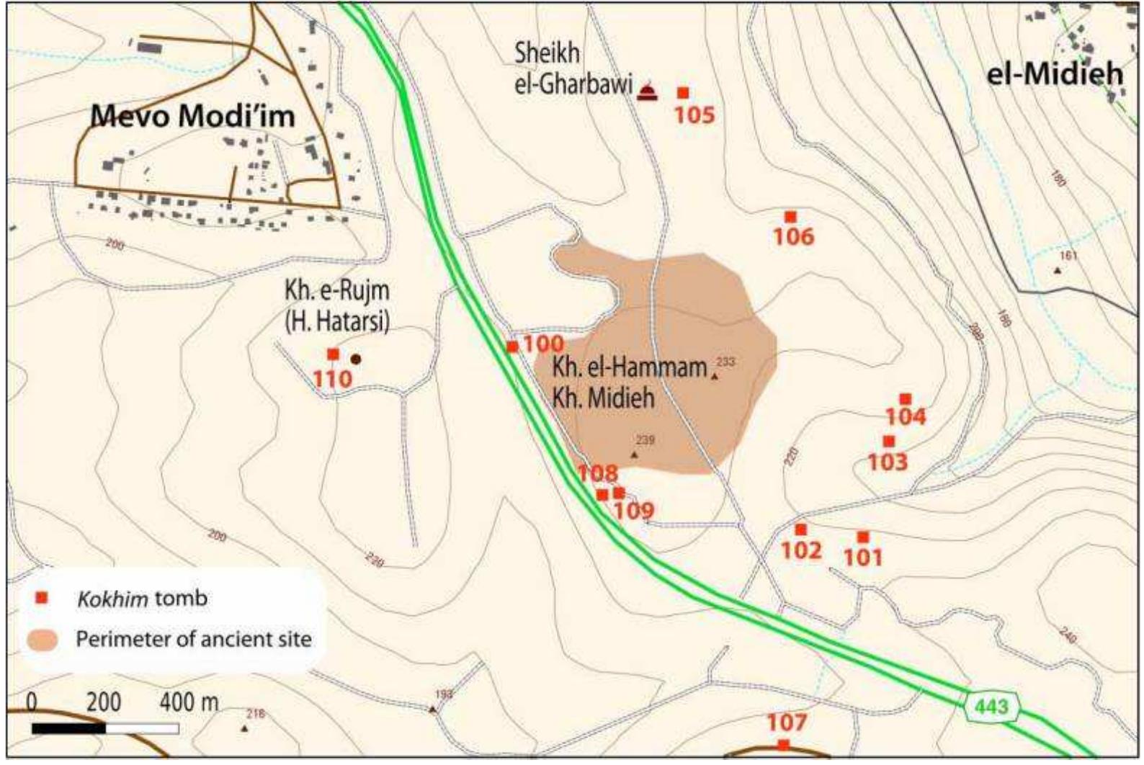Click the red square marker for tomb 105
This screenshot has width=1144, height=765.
coord(683,93)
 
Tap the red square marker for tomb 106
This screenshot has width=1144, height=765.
coord(790,217)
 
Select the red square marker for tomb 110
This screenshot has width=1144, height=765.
coord(333,354)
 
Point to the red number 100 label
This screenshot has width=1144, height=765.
coord(543,344)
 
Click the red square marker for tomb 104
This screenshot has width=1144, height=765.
coord(906,399)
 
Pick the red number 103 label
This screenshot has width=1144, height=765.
coord(888,462)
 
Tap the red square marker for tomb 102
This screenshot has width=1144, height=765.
coord(800,530)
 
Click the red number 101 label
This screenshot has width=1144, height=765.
coord(863,557)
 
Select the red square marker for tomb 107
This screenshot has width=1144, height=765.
coord(784,745)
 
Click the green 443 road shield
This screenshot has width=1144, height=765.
coord(993,707)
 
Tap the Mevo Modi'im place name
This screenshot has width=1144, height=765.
coord(193,116)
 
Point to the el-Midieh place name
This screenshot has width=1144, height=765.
coord(1055,73)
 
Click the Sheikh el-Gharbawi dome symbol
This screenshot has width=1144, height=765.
coord(648,91)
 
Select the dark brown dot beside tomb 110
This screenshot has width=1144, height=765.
coord(355,358)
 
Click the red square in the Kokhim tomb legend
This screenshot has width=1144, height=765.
coord(43,597)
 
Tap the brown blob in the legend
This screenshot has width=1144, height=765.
coord(43,639)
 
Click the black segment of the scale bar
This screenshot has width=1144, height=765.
coord(69,729)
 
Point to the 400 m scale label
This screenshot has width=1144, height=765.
coord(189,702)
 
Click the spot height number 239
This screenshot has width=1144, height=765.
coord(645,440)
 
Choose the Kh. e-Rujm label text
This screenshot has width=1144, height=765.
coord(337,291)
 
